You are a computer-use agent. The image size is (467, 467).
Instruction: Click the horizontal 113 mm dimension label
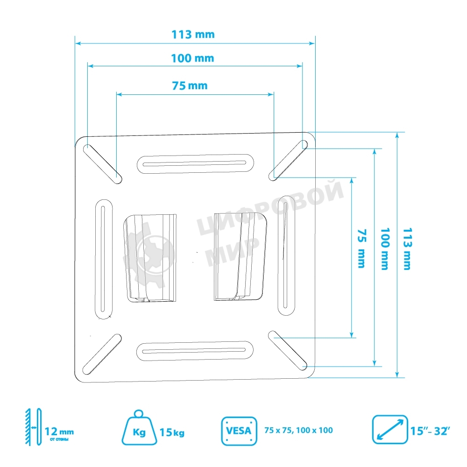(193, 34)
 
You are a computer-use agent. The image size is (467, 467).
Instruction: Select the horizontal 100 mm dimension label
(192, 58)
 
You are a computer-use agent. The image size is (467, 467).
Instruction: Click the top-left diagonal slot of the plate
(102, 163)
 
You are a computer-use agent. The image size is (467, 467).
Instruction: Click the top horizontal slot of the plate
(195, 163)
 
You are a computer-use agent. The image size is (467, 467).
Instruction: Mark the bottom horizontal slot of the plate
(195, 351)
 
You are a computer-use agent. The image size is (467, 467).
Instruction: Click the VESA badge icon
(239, 430)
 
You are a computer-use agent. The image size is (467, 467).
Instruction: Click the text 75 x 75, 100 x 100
(298, 430)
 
